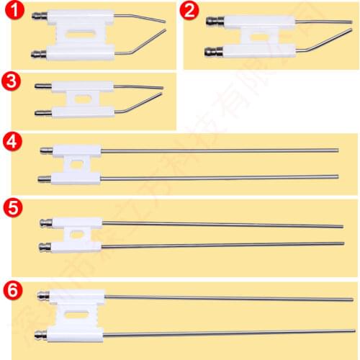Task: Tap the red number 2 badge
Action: click(190, 10)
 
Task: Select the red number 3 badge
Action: click(12, 81)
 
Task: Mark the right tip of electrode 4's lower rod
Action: click(337, 176)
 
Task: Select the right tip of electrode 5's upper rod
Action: click(341, 226)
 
